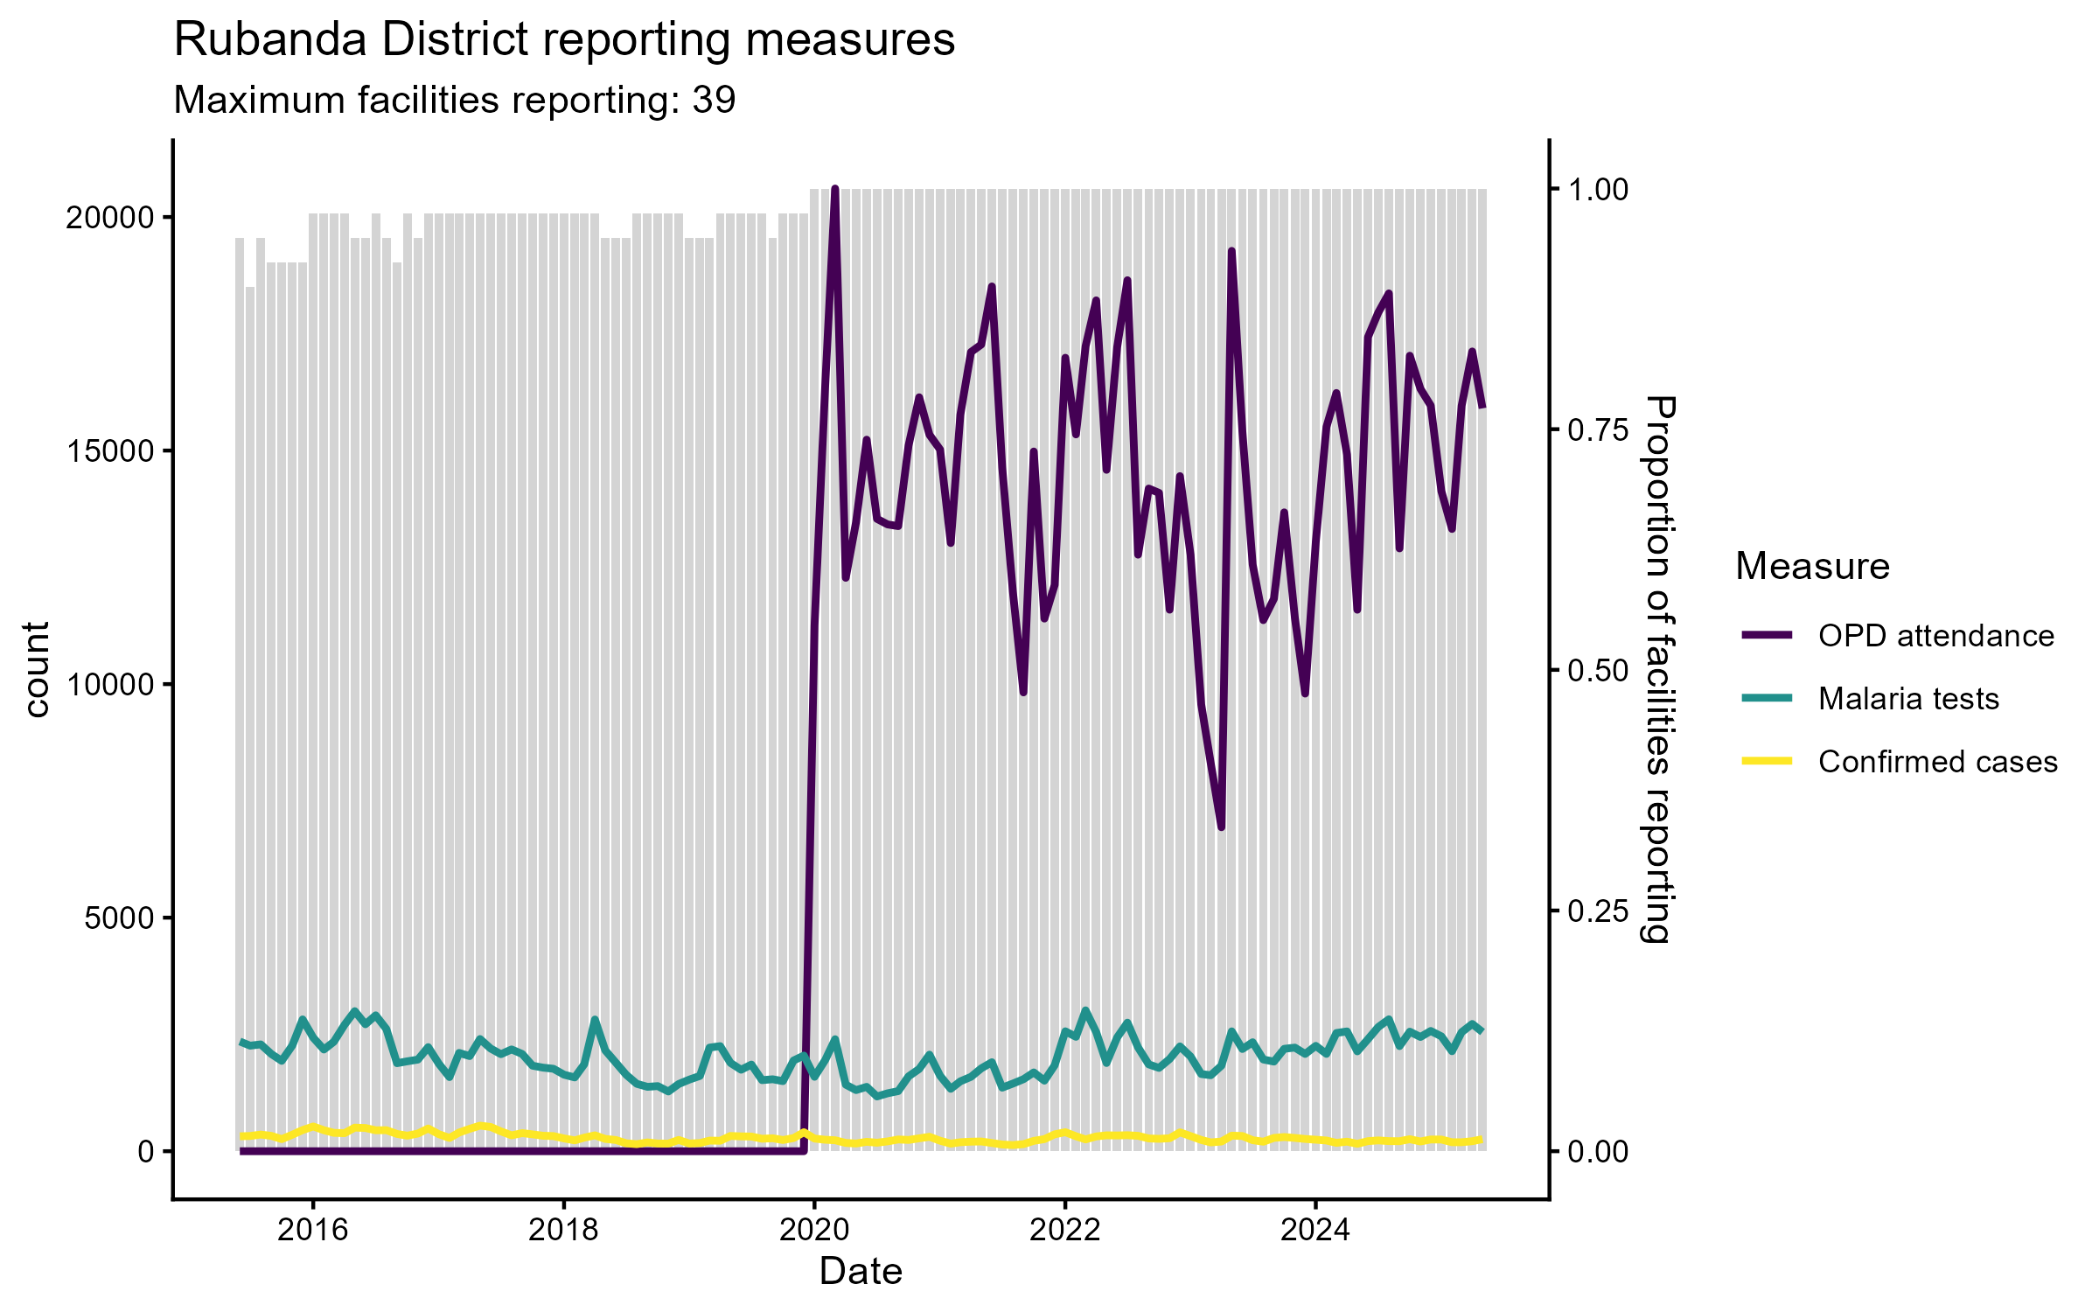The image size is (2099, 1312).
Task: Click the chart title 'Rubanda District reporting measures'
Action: pyautogui.click(x=564, y=40)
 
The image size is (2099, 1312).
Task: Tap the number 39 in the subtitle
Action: pyautogui.click(x=714, y=101)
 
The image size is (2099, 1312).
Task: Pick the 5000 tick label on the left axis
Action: pyautogui.click(x=118, y=918)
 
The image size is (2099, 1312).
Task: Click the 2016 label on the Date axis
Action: pyautogui.click(x=313, y=1230)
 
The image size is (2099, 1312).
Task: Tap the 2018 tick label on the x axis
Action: pyautogui.click(x=564, y=1230)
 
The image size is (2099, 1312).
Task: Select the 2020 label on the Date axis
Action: pyautogui.click(x=814, y=1230)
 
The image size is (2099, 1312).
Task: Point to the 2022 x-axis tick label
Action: pyautogui.click(x=1064, y=1230)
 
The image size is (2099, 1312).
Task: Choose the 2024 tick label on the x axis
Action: pyautogui.click(x=1315, y=1230)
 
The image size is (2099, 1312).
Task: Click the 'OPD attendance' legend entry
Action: pyautogui.click(x=1935, y=636)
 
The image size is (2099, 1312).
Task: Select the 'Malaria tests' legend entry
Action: pyautogui.click(x=1908, y=699)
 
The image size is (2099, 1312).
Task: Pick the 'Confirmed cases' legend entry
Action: pyautogui.click(x=1937, y=762)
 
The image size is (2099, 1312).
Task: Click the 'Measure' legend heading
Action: pyautogui.click(x=1812, y=567)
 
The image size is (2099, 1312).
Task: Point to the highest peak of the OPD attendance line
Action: pyautogui.click(x=835, y=189)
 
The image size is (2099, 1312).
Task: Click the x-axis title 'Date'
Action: pyautogui.click(x=861, y=1272)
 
